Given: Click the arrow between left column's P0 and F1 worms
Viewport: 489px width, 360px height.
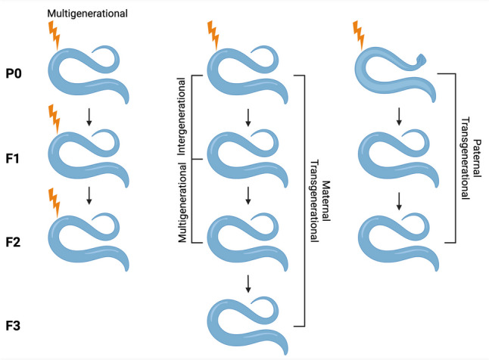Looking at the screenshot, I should (90, 116).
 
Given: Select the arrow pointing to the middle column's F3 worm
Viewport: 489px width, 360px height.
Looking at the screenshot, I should (248, 284).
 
